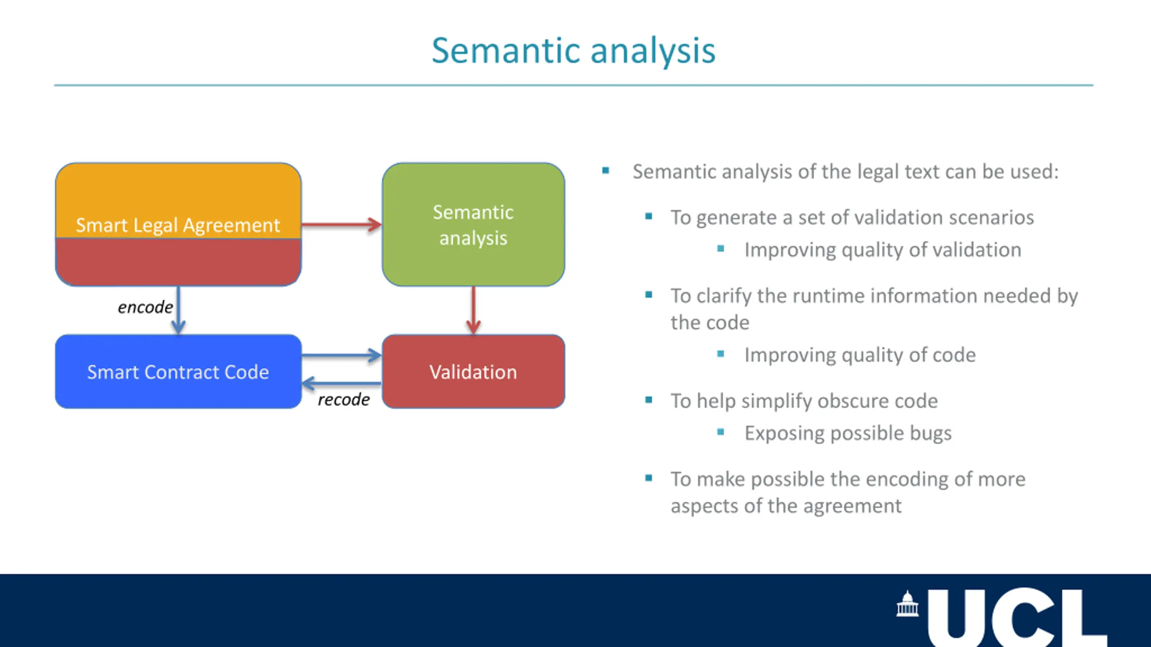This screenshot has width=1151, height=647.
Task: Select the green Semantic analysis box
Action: tap(473, 225)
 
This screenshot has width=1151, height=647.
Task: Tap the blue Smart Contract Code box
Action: tap(178, 372)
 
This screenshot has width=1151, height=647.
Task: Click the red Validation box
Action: tap(473, 372)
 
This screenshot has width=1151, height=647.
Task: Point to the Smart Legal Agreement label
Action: tap(178, 225)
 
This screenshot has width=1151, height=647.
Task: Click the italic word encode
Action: tap(145, 307)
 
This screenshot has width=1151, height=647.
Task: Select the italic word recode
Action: tap(344, 399)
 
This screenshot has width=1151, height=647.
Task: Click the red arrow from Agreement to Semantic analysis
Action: tap(342, 224)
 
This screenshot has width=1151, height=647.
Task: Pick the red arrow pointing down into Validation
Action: tap(473, 310)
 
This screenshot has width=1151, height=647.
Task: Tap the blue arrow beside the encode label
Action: tap(178, 310)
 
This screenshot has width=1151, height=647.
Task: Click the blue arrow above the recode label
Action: tap(342, 384)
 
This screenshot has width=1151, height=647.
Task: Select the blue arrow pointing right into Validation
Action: tap(342, 355)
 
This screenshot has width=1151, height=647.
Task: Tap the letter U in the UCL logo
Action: tap(956, 618)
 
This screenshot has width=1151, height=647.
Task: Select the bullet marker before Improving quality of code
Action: tap(721, 354)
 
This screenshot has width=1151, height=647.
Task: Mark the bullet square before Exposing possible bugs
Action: tap(721, 432)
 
